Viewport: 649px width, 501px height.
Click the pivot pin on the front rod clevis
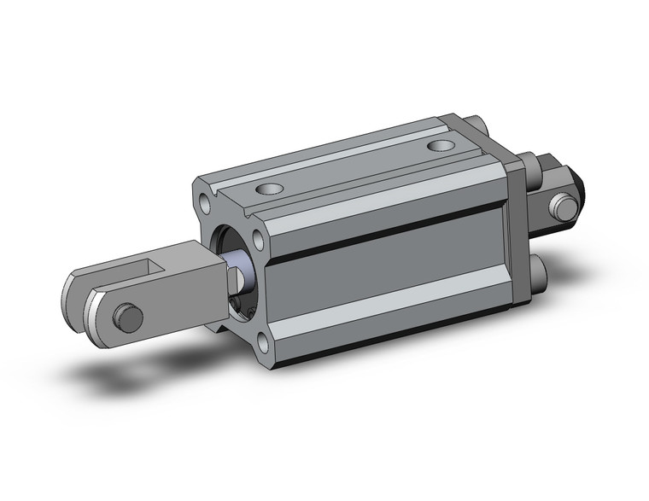128,317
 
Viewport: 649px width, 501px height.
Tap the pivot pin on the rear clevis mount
562,207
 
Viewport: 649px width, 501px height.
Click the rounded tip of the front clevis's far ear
75,287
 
